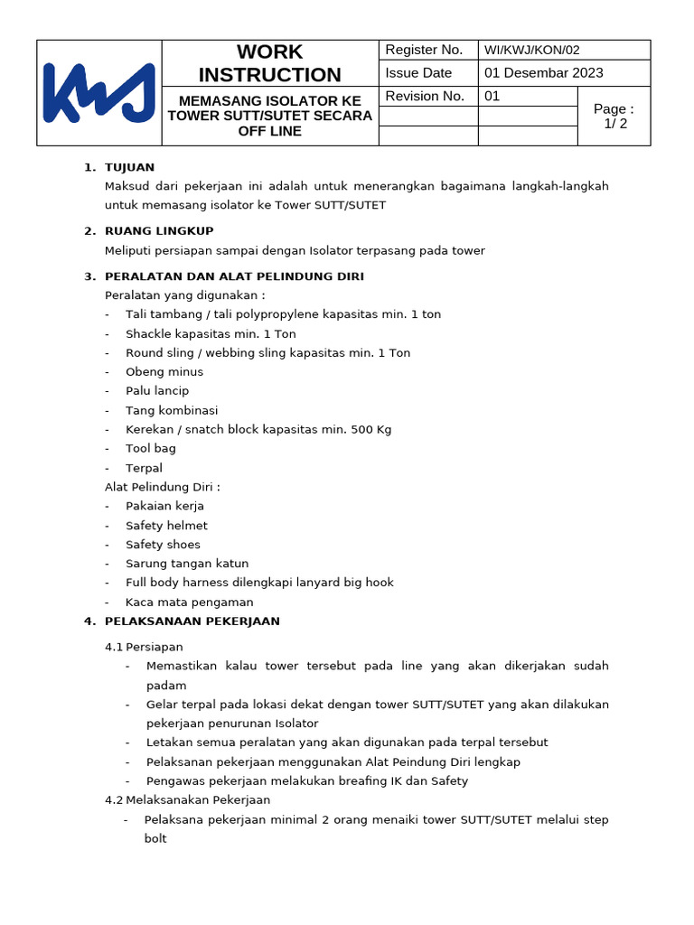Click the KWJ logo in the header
point(99,92)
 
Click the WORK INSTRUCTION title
point(269,63)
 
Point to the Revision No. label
point(425,96)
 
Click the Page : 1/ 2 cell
point(614,116)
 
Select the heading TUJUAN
point(130,167)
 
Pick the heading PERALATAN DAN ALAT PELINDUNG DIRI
point(234,276)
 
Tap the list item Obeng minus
point(164,371)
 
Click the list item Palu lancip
point(157,391)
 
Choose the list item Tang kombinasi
point(172,410)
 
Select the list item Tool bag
point(151,448)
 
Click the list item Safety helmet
point(166,526)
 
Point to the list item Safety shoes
point(163,545)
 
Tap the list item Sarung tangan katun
point(187,564)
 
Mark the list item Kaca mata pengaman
point(190,603)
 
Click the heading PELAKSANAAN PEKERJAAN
point(192,621)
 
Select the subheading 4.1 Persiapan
point(145,647)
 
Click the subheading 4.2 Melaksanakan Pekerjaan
point(188,799)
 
